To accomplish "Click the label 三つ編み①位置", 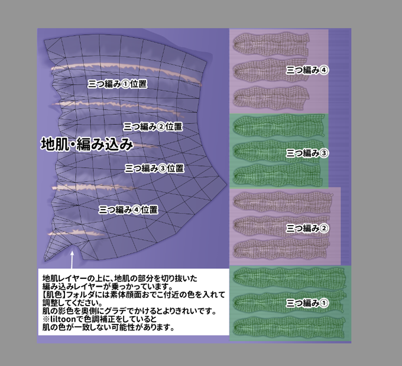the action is [x=117, y=84].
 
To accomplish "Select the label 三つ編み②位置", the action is [x=152, y=126].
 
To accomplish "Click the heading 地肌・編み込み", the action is [x=86, y=144].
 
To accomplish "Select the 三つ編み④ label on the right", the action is [x=307, y=70].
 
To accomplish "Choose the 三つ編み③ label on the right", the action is [x=307, y=153].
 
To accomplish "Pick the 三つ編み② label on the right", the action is [x=307, y=227].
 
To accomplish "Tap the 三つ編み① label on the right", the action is [x=307, y=303].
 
